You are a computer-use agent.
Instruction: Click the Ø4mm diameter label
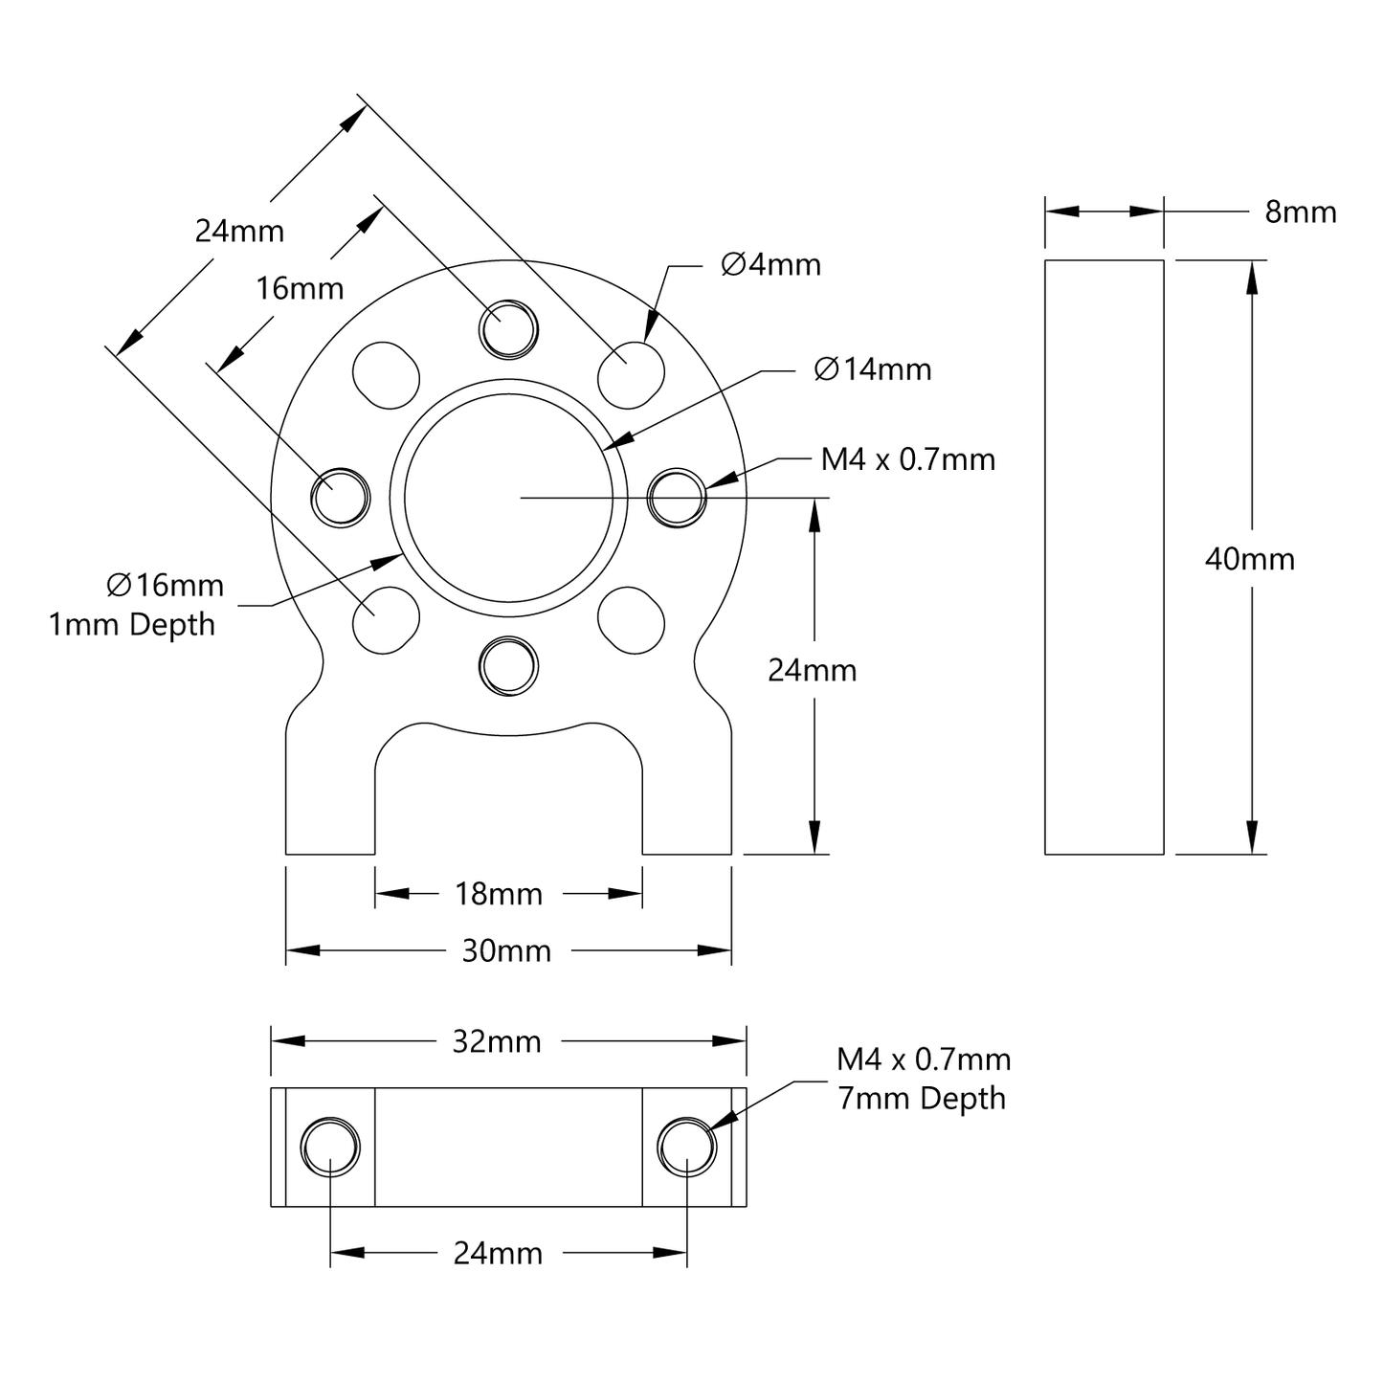pos(770,264)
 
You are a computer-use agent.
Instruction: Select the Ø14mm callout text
pos(872,369)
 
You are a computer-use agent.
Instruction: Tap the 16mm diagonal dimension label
pos(300,287)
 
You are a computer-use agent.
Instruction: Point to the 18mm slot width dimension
pos(498,894)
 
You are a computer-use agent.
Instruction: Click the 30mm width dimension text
pos(506,950)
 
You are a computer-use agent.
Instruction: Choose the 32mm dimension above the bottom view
pos(497,1041)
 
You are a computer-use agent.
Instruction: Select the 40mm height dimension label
pos(1249,559)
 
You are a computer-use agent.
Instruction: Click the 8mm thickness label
pos(1300,212)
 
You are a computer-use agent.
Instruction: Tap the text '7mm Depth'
pos(922,1098)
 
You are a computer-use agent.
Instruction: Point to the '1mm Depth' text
pos(132,625)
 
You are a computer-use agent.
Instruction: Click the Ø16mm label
pos(165,585)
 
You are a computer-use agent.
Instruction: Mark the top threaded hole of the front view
pos(508,329)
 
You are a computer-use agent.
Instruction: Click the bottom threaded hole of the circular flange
pos(508,665)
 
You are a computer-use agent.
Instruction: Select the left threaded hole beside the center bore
pos(341,497)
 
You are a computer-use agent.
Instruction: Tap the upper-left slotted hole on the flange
pos(387,374)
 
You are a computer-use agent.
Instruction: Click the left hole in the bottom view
pos(330,1146)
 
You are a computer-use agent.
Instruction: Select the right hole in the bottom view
pos(687,1146)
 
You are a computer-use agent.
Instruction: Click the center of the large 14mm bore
pos(508,497)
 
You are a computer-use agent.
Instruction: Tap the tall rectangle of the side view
pos(1104,556)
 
